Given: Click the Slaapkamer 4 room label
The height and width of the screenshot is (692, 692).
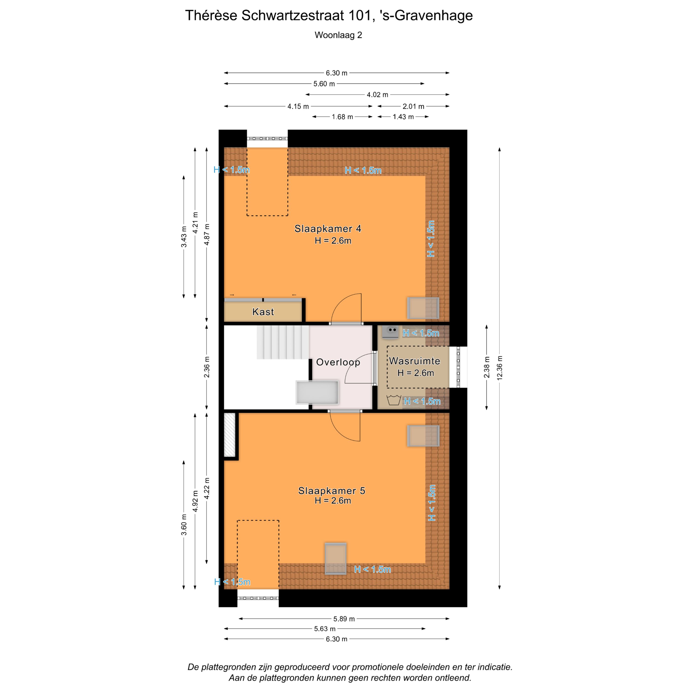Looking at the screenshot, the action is [328, 229].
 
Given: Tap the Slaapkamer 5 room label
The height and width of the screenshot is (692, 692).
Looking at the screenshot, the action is [332, 491].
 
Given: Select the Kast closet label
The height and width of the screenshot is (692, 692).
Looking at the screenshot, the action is [263, 312].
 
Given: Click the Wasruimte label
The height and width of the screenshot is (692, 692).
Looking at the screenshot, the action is [415, 361].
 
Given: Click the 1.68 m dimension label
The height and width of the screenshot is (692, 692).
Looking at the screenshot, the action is [342, 117].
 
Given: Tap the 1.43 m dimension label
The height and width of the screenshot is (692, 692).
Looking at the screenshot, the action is [403, 117].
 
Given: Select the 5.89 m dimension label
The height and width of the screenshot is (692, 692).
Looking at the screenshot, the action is [344, 619].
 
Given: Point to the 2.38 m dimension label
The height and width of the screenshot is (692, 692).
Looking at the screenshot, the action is [486, 367].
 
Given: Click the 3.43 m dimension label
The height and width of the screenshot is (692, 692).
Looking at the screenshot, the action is [184, 237].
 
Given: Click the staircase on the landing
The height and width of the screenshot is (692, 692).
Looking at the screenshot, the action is [283, 342].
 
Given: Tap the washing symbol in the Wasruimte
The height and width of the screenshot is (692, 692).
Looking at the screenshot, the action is [394, 400].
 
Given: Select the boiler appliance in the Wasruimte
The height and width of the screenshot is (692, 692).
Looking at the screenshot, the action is [390, 332].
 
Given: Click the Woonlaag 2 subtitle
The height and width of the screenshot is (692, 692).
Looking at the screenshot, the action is [338, 35].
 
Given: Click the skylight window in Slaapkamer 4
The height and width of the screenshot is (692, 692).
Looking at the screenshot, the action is [423, 308].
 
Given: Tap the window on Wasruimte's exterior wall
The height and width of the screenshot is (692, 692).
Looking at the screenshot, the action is [458, 367].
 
